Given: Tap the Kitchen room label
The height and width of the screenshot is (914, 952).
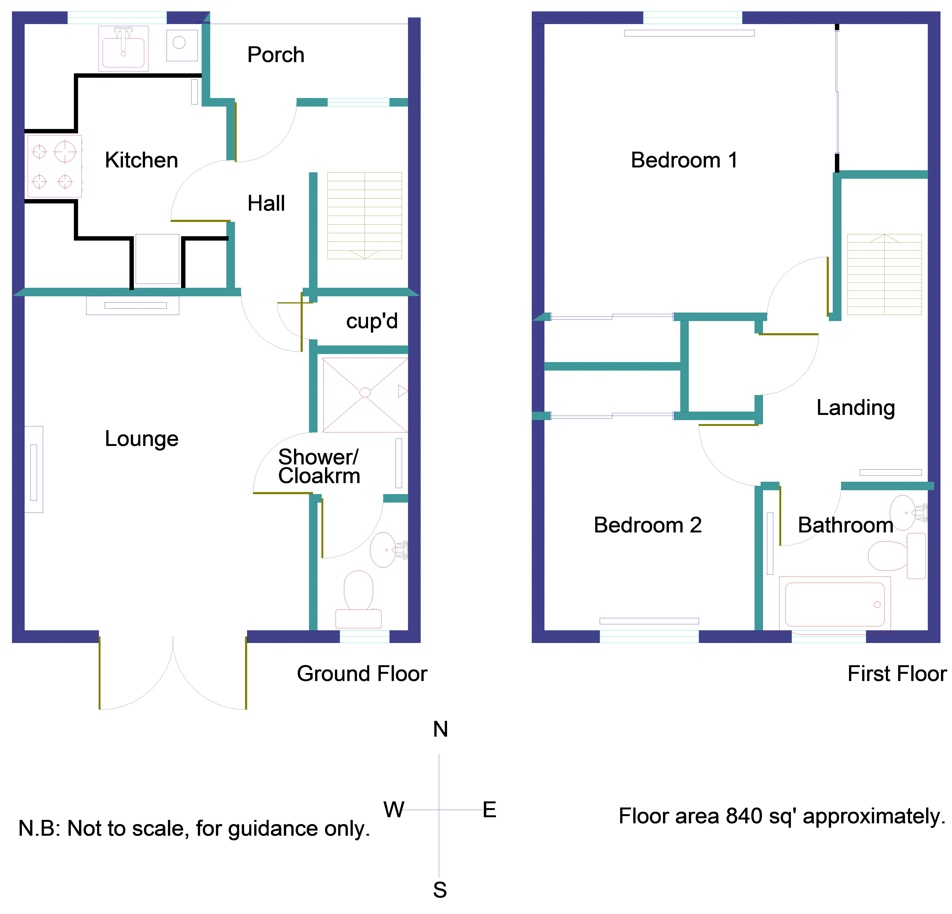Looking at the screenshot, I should click(141, 160).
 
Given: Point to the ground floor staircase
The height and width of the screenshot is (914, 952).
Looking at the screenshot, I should click(364, 215).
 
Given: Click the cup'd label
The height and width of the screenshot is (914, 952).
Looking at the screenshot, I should click(372, 321).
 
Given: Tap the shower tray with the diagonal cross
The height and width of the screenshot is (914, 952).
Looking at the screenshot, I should click(365, 395).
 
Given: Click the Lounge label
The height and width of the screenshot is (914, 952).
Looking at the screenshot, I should click(141, 439).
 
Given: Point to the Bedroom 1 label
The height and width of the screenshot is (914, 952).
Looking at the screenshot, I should click(684, 160).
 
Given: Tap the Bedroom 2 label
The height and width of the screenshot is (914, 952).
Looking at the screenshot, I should click(648, 525).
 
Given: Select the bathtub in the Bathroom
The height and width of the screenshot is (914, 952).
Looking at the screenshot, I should click(835, 604).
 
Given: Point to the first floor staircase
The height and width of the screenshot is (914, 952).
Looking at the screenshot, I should click(884, 275).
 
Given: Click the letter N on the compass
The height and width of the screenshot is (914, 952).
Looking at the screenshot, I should click(440, 729).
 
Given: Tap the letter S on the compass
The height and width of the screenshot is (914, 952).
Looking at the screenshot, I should click(440, 890).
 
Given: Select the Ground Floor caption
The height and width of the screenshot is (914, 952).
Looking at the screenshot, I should click(362, 673).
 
